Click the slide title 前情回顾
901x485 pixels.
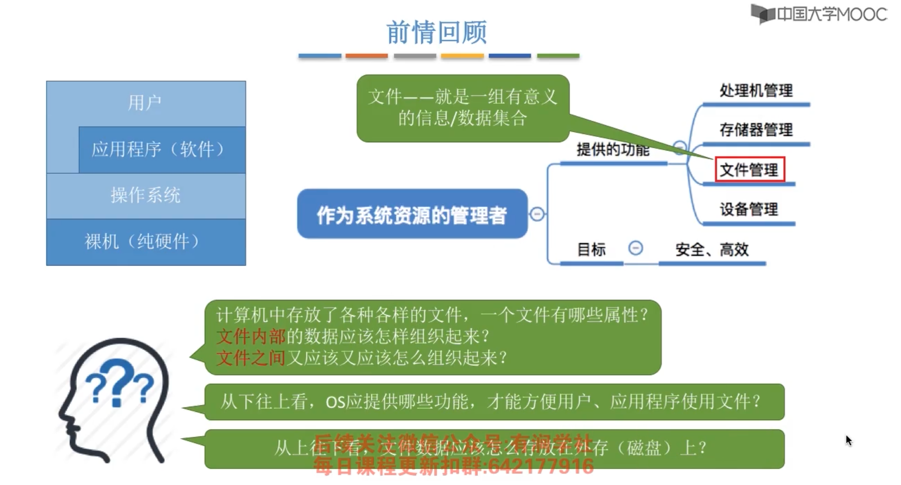click(437, 32)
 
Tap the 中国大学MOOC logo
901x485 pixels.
click(819, 14)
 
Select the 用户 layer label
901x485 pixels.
click(145, 103)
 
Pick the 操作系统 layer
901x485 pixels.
click(146, 195)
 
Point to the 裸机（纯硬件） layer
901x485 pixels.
click(146, 242)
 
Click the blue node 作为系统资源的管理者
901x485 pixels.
click(412, 214)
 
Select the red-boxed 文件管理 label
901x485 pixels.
click(749, 169)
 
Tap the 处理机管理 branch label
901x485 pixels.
click(756, 91)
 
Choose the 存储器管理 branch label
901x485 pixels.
click(756, 130)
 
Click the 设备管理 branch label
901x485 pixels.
click(749, 209)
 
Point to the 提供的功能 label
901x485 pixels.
click(613, 150)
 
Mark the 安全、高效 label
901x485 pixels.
click(712, 250)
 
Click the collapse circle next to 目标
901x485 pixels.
click(636, 248)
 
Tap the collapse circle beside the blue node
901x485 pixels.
click(538, 214)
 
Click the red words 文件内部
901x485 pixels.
click(251, 337)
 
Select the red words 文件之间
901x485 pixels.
click(251, 358)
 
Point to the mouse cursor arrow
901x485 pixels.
click(848, 440)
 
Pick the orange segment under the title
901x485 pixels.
click(367, 56)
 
